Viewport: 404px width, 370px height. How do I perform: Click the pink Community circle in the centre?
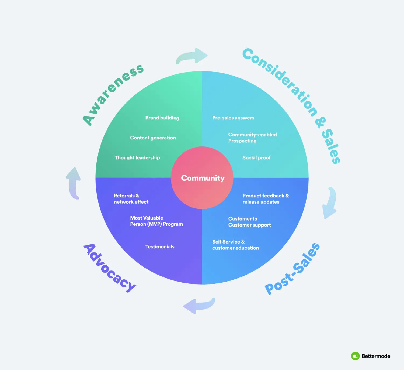pyautogui.click(x=202, y=178)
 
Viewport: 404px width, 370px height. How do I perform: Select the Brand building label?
pyautogui.click(x=162, y=118)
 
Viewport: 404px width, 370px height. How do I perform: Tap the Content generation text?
pyautogui.click(x=153, y=138)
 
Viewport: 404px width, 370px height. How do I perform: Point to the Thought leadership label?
pyautogui.click(x=137, y=158)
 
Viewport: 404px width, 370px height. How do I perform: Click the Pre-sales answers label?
pyautogui.click(x=233, y=118)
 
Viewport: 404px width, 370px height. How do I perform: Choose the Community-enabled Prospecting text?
pyautogui.click(x=252, y=138)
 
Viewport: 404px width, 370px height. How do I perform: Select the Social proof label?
pyautogui.click(x=256, y=158)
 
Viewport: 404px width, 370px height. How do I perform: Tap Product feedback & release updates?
pyautogui.click(x=265, y=199)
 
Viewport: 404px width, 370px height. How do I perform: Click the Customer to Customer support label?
pyautogui.click(x=249, y=222)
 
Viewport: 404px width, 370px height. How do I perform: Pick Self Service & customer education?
pyautogui.click(x=235, y=245)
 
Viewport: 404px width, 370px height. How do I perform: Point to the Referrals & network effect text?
pyautogui.click(x=131, y=199)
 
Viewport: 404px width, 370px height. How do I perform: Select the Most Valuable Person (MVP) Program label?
pyautogui.click(x=156, y=221)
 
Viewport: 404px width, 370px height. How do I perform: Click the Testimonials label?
pyautogui.click(x=160, y=247)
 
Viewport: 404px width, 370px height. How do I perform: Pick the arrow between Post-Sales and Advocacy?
pyautogui.click(x=199, y=306)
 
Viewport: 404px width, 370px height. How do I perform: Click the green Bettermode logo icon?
pyautogui.click(x=355, y=356)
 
